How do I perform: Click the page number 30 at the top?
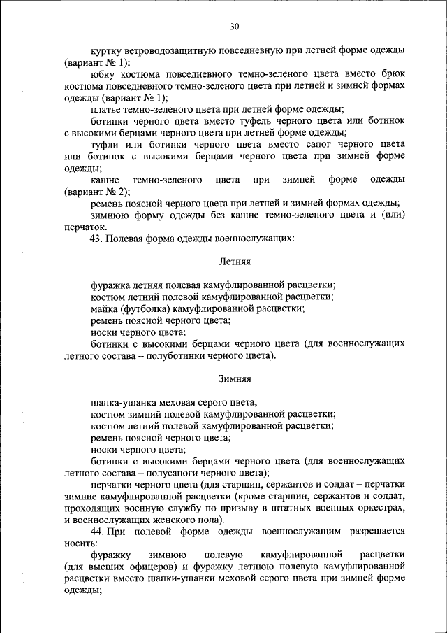234,27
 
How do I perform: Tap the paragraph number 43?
96,239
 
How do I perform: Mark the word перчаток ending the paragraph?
85,227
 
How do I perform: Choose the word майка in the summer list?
103,308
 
